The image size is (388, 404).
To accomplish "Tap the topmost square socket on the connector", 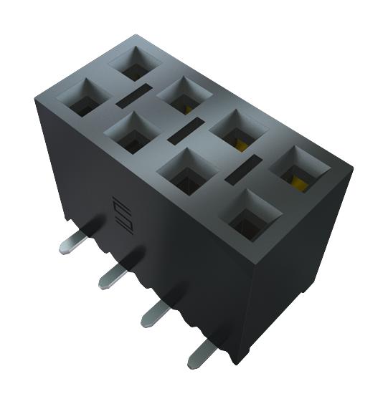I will [x=135, y=64].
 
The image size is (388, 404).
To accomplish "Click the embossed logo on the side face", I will [x=120, y=215].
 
